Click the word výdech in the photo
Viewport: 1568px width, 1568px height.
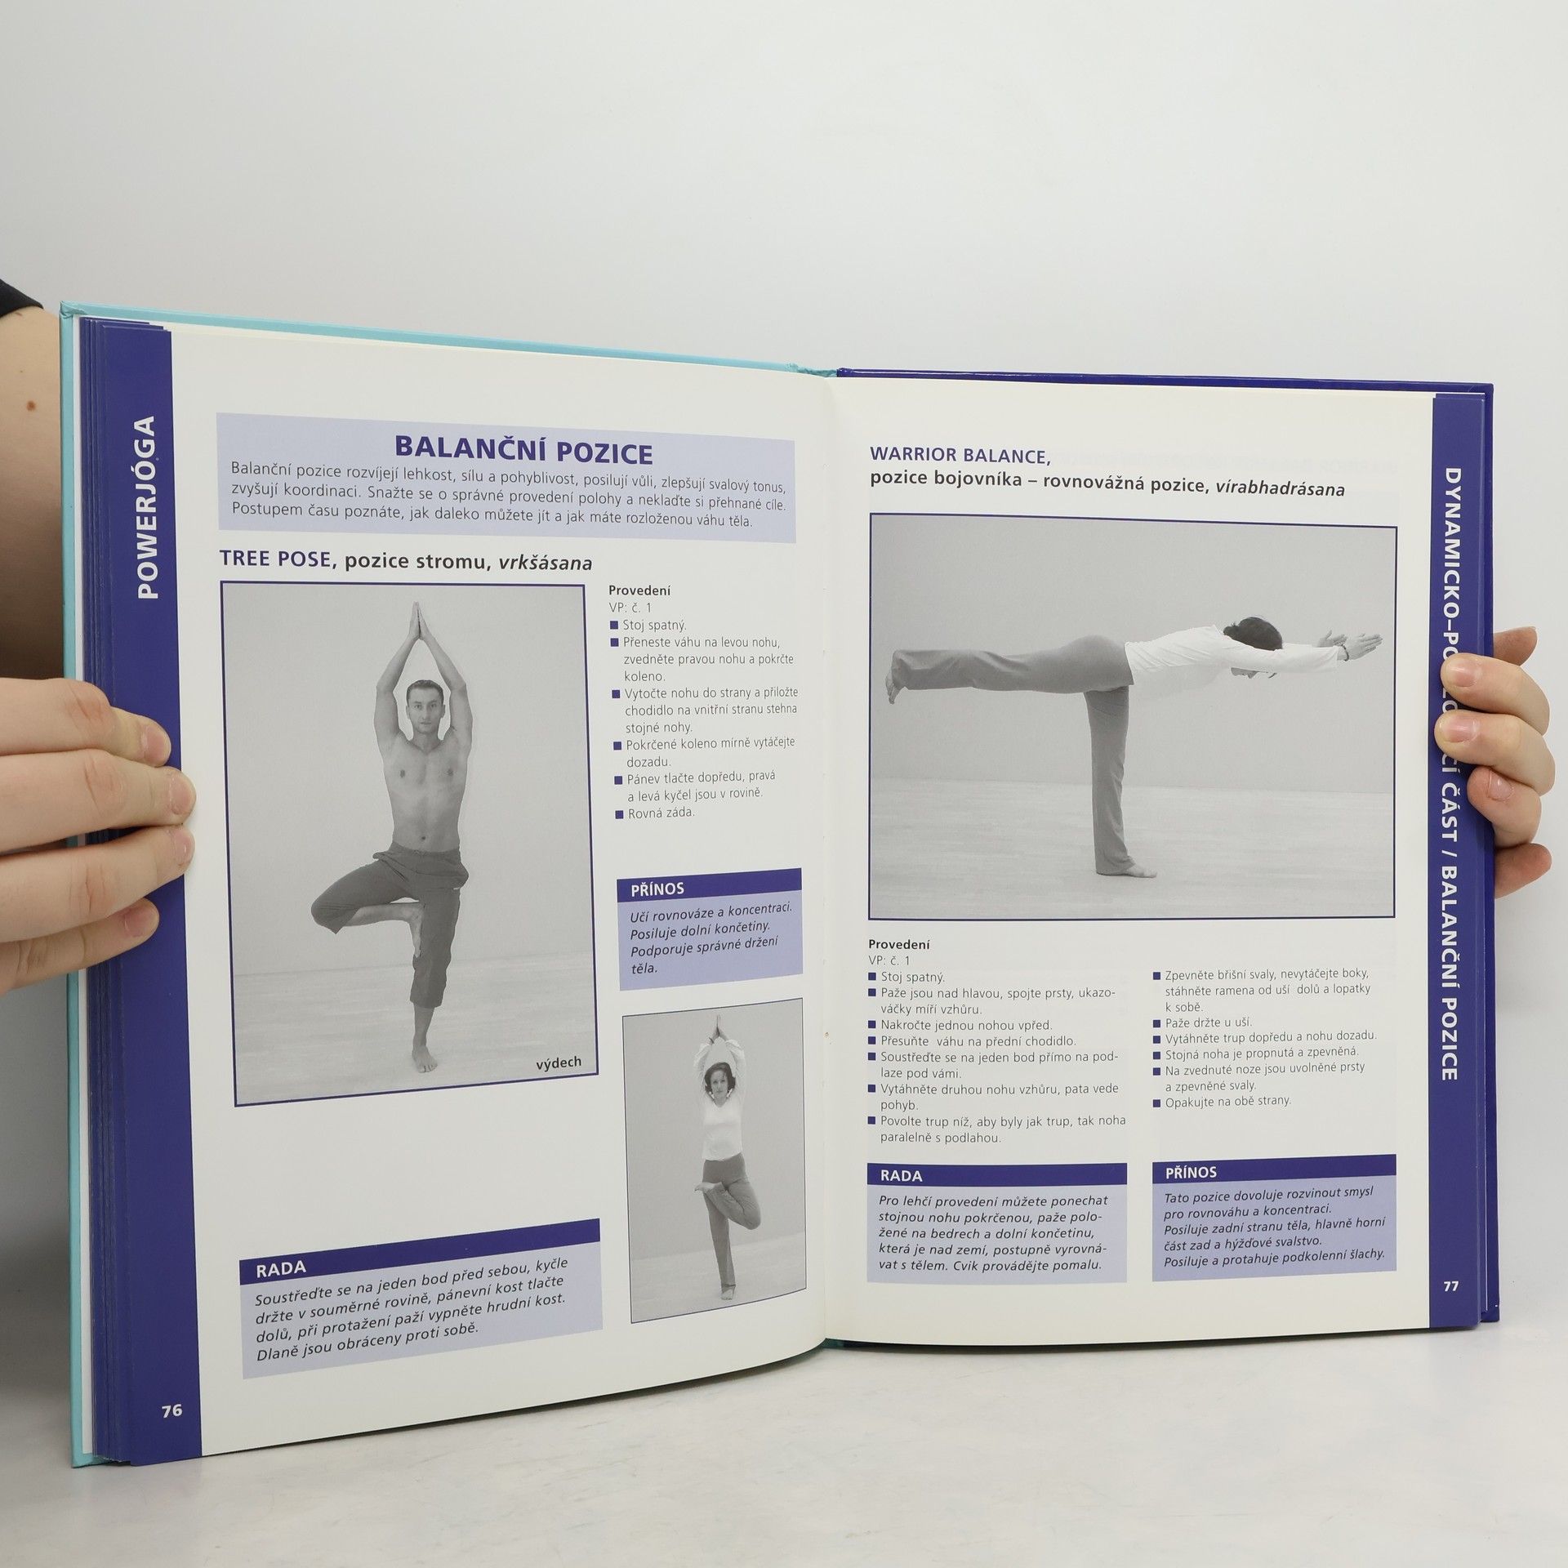click(x=559, y=1062)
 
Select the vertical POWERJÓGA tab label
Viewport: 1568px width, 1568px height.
click(x=147, y=507)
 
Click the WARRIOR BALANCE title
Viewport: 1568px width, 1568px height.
click(x=960, y=454)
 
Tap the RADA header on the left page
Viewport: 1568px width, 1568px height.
click(x=281, y=1268)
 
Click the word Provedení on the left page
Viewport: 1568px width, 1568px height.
click(x=639, y=590)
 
